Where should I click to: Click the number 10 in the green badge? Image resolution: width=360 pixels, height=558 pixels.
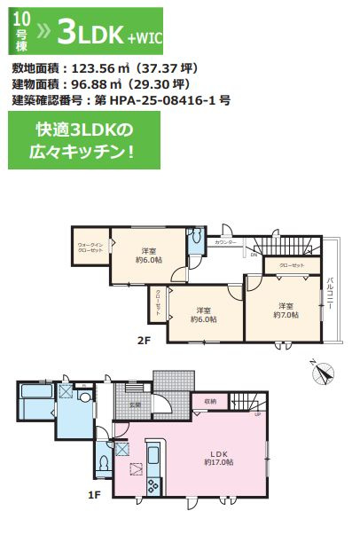click(x=20, y=14)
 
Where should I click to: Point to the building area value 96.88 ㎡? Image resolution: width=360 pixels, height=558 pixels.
click(x=106, y=84)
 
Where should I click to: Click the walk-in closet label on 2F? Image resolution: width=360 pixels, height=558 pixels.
click(x=90, y=248)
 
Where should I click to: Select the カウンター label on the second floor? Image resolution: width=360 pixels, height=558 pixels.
click(x=225, y=241)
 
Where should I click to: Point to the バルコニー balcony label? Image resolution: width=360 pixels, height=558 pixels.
click(x=329, y=294)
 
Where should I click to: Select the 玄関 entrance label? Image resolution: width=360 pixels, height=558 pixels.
click(x=135, y=405)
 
